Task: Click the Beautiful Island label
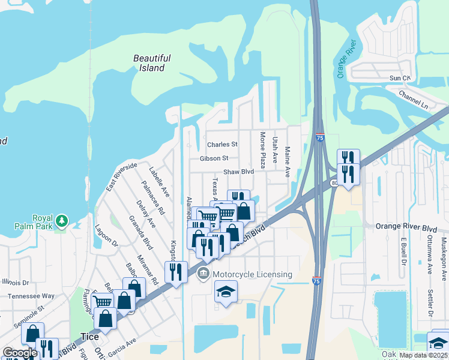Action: (x=152, y=63)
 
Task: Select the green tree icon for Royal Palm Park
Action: (x=61, y=222)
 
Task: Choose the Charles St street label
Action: (x=222, y=145)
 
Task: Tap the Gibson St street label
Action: (x=214, y=158)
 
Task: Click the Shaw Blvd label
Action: (x=238, y=172)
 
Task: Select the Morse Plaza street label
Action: (x=262, y=150)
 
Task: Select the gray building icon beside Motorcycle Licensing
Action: (x=203, y=275)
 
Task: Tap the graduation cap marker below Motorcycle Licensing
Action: (x=226, y=292)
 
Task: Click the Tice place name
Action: (x=89, y=337)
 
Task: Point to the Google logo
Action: (x=19, y=353)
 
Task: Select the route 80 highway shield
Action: (x=334, y=183)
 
